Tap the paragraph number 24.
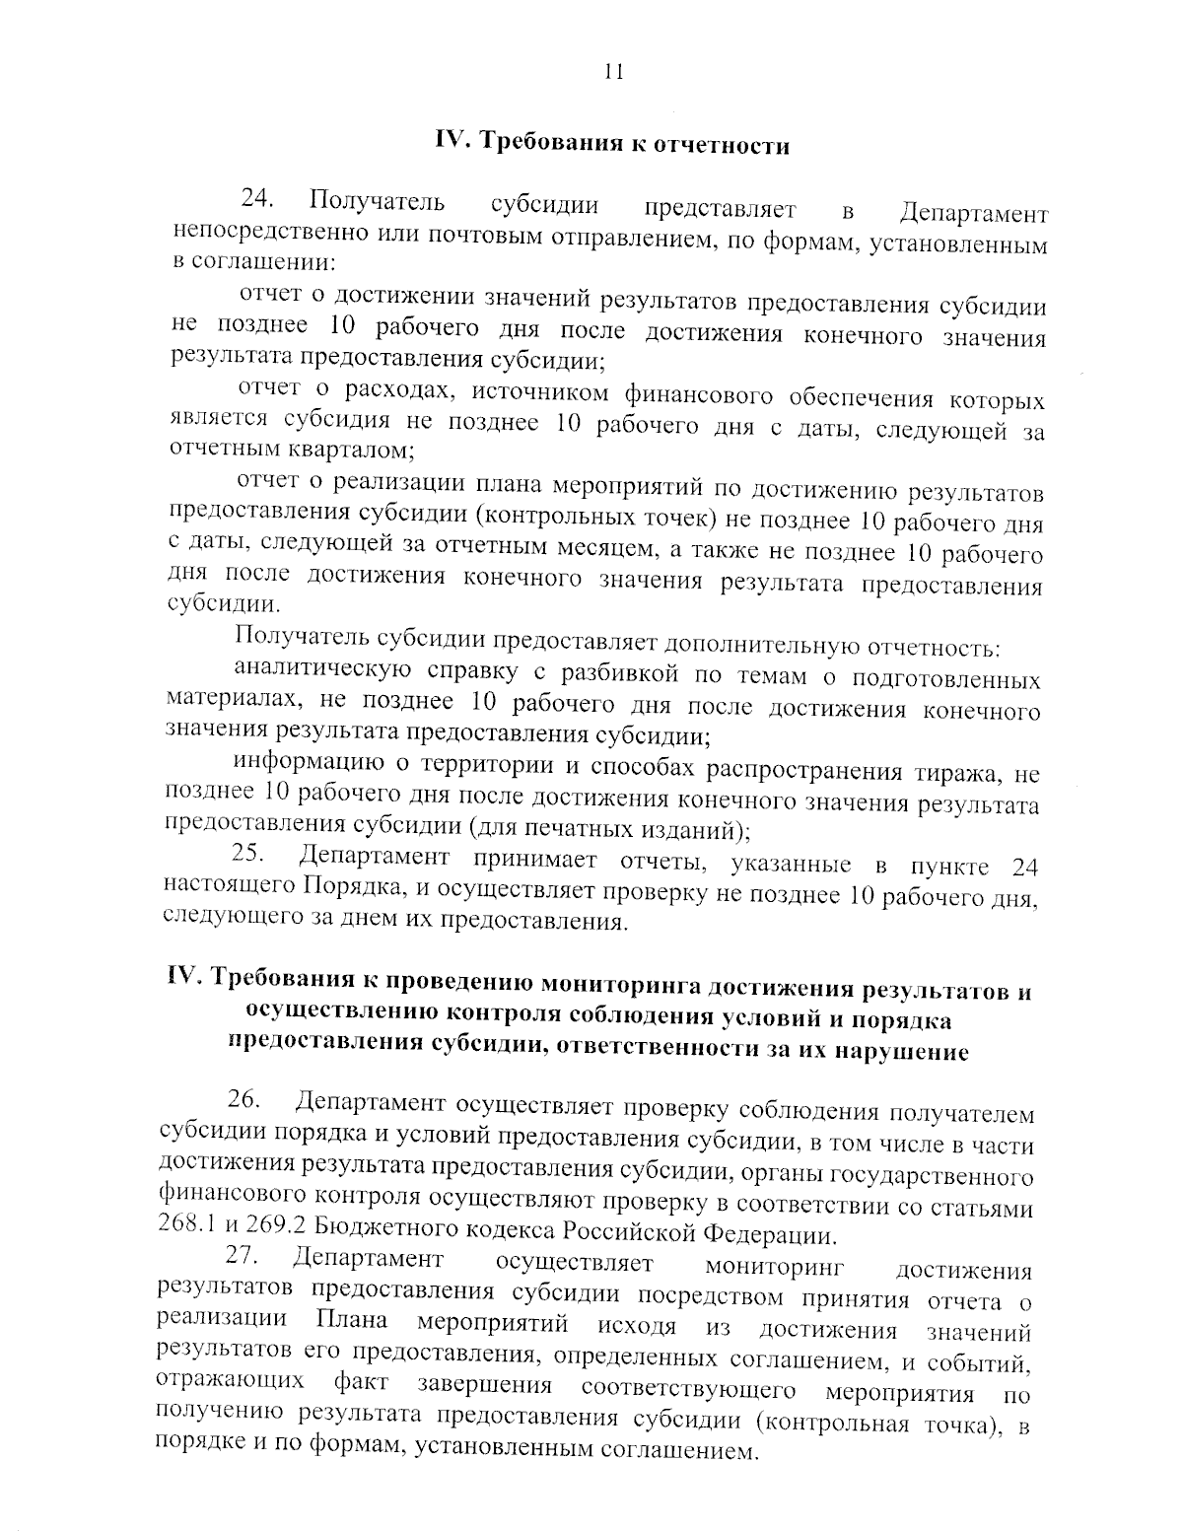coord(257,201)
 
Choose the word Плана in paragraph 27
coord(352,1321)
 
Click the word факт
coord(360,1383)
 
